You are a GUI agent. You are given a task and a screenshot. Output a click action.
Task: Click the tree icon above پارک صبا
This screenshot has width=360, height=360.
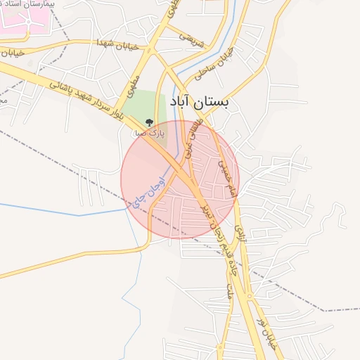[148, 122]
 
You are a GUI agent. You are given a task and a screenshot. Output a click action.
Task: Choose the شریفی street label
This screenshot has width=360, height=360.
[191, 37]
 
